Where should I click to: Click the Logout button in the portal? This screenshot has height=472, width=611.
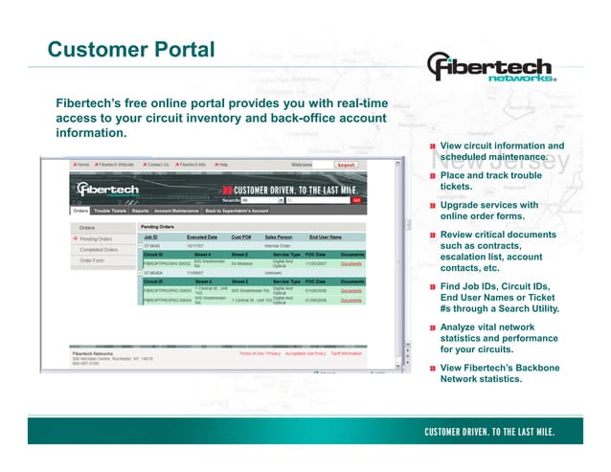pyautogui.click(x=346, y=165)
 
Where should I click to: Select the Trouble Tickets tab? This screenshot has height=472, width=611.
pyautogui.click(x=108, y=210)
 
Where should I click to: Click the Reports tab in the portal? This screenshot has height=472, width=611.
pyautogui.click(x=140, y=210)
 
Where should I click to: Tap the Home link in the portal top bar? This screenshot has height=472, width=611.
pyautogui.click(x=82, y=165)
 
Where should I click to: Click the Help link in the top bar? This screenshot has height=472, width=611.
pyautogui.click(x=221, y=165)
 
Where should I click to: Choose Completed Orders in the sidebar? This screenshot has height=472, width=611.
pyautogui.click(x=100, y=249)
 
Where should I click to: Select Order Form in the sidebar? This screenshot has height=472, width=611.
pyautogui.click(x=93, y=260)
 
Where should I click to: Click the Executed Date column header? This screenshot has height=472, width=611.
pyautogui.click(x=201, y=236)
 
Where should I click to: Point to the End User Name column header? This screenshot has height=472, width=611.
pyautogui.click(x=326, y=236)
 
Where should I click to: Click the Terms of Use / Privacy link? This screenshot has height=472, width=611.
pyautogui.click(x=260, y=353)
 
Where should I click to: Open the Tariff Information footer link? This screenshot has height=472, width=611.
pyautogui.click(x=346, y=353)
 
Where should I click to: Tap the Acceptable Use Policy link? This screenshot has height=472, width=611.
pyautogui.click(x=305, y=353)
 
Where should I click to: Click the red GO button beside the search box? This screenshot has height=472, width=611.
pyautogui.click(x=356, y=200)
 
